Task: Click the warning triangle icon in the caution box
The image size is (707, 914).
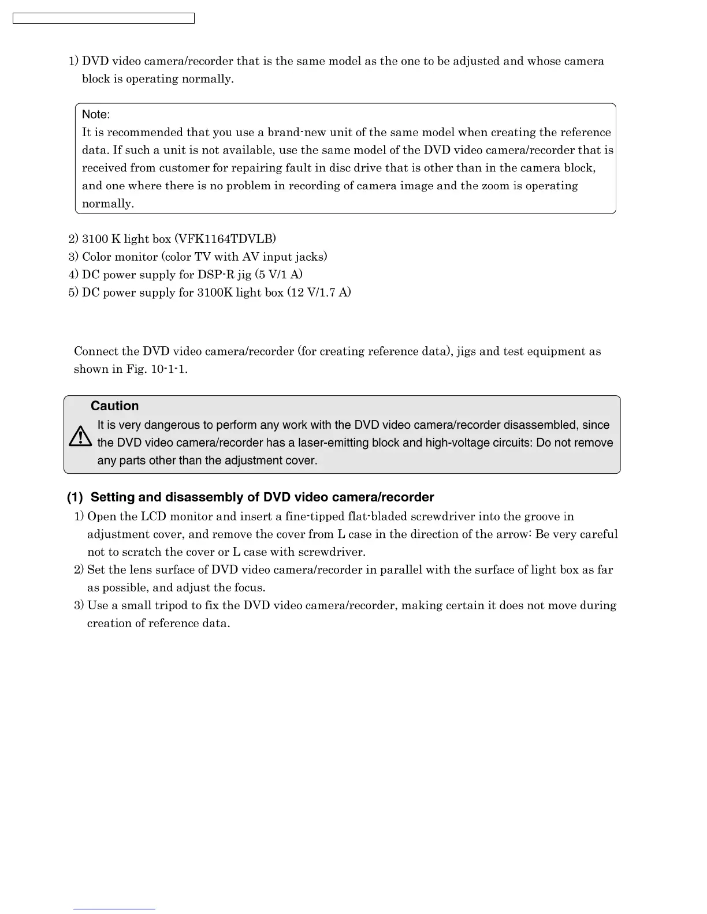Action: click(x=80, y=436)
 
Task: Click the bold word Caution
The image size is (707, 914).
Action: click(x=114, y=406)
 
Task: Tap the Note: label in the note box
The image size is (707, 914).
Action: click(x=96, y=114)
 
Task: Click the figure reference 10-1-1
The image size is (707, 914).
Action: click(x=169, y=369)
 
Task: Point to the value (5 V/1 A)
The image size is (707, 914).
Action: click(x=278, y=274)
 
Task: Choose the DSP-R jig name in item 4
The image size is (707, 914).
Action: click(x=224, y=274)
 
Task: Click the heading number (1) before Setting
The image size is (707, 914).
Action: click(x=75, y=497)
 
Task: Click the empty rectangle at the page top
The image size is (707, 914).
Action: click(x=103, y=18)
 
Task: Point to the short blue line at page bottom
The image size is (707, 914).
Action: click(x=114, y=909)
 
